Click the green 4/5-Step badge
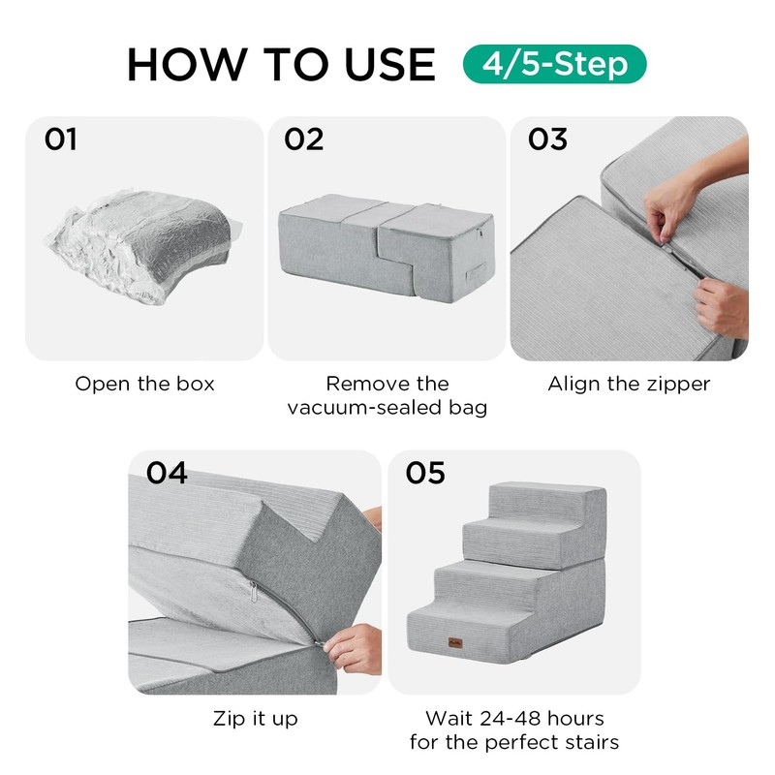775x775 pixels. pyautogui.click(x=554, y=64)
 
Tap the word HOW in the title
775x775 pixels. pyautogui.click(x=186, y=64)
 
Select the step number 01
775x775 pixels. pyautogui.click(x=60, y=139)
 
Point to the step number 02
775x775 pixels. pyautogui.click(x=303, y=139)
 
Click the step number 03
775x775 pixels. pyautogui.click(x=547, y=139)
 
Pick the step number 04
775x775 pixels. pyautogui.click(x=167, y=473)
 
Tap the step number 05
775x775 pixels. pyautogui.click(x=425, y=473)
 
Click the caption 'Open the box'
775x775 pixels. pyautogui.click(x=144, y=384)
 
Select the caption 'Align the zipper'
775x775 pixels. pyautogui.click(x=629, y=384)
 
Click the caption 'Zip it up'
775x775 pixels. pyautogui.click(x=256, y=718)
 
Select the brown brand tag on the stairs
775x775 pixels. pyautogui.click(x=455, y=642)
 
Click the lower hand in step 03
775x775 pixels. pyautogui.click(x=722, y=305)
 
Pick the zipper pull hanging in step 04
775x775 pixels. pyautogui.click(x=254, y=591)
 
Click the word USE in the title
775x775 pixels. pyautogui.click(x=390, y=64)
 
